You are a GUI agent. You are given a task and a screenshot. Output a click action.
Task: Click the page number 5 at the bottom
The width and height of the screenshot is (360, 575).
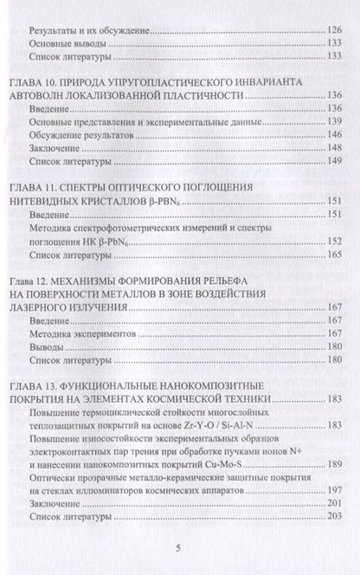(x=178, y=547)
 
